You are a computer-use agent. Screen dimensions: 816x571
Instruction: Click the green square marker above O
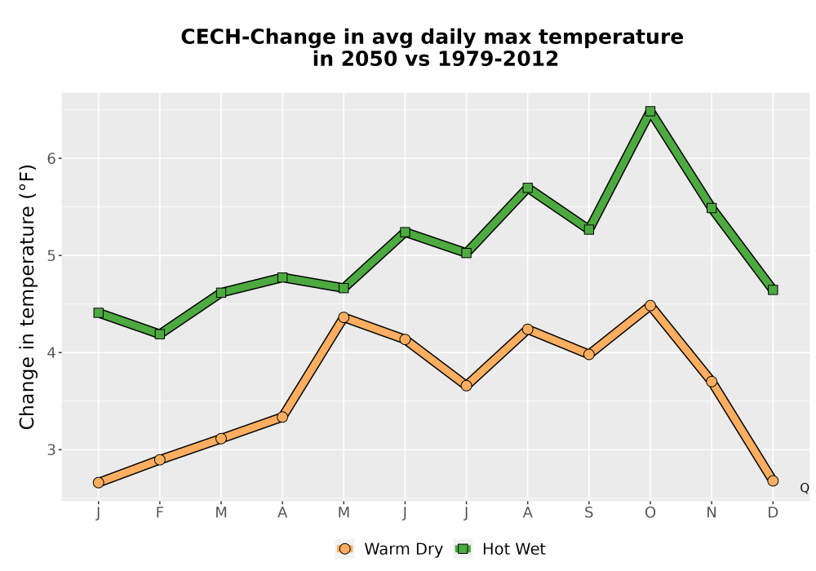(x=650, y=111)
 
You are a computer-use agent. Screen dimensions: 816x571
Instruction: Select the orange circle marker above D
(x=773, y=481)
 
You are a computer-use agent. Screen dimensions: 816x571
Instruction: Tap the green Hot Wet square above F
(x=160, y=334)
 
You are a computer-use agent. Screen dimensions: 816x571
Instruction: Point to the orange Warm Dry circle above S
(x=588, y=355)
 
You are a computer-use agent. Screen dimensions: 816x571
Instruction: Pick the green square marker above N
(x=712, y=208)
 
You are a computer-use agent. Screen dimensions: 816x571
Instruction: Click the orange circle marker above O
(x=650, y=306)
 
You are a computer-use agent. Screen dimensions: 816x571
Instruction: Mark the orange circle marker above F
(x=160, y=460)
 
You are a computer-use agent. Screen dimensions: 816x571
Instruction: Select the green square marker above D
(x=773, y=290)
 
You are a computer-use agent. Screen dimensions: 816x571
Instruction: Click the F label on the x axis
(x=160, y=513)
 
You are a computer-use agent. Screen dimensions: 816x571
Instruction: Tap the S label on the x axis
(x=588, y=513)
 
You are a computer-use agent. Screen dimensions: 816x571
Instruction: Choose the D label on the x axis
(x=773, y=513)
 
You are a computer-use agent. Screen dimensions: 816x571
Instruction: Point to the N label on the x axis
(x=712, y=513)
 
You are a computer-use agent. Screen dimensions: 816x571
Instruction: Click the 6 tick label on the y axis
(x=51, y=158)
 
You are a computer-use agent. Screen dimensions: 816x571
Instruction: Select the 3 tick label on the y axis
(x=51, y=449)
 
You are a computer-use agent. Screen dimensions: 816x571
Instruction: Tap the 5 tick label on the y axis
(x=51, y=256)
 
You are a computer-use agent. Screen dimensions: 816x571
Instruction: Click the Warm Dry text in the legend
(x=403, y=549)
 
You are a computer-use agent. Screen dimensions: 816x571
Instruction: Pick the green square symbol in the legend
(x=463, y=549)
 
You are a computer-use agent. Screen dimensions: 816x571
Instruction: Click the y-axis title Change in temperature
(x=27, y=297)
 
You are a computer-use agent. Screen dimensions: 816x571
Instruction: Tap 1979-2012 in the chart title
(x=498, y=59)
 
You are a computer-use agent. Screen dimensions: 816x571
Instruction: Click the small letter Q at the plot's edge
(x=805, y=488)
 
